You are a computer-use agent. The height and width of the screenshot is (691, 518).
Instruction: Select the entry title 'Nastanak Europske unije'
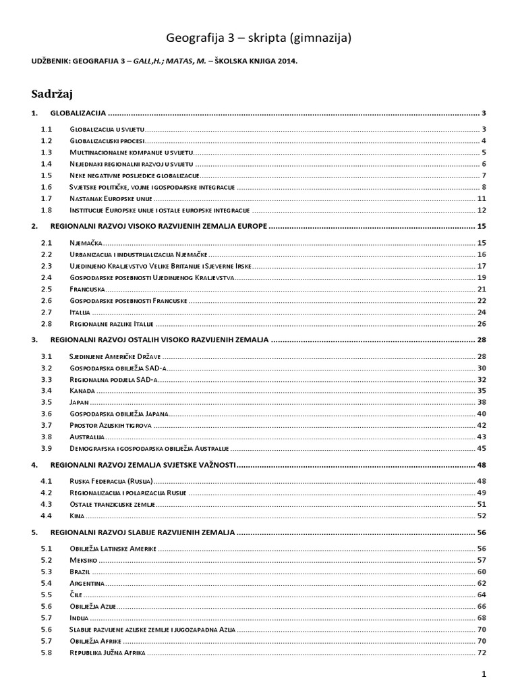(111, 198)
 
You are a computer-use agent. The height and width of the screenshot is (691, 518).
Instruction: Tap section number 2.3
(47, 266)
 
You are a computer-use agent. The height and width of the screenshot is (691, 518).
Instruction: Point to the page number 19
(482, 277)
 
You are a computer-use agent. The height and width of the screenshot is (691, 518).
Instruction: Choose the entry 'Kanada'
(83, 390)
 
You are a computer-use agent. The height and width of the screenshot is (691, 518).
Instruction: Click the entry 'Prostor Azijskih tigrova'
(111, 425)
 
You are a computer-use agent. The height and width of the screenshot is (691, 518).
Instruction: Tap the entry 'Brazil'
(80, 572)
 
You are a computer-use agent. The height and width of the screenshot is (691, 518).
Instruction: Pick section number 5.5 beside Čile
(47, 595)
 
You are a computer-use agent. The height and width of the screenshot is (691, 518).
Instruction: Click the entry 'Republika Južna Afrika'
(107, 653)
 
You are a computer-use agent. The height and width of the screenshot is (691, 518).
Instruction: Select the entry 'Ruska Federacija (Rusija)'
(111, 481)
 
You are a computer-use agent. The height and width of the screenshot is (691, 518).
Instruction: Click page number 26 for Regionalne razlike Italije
(482, 324)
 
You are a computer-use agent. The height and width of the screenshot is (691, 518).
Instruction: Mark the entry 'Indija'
(80, 617)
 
